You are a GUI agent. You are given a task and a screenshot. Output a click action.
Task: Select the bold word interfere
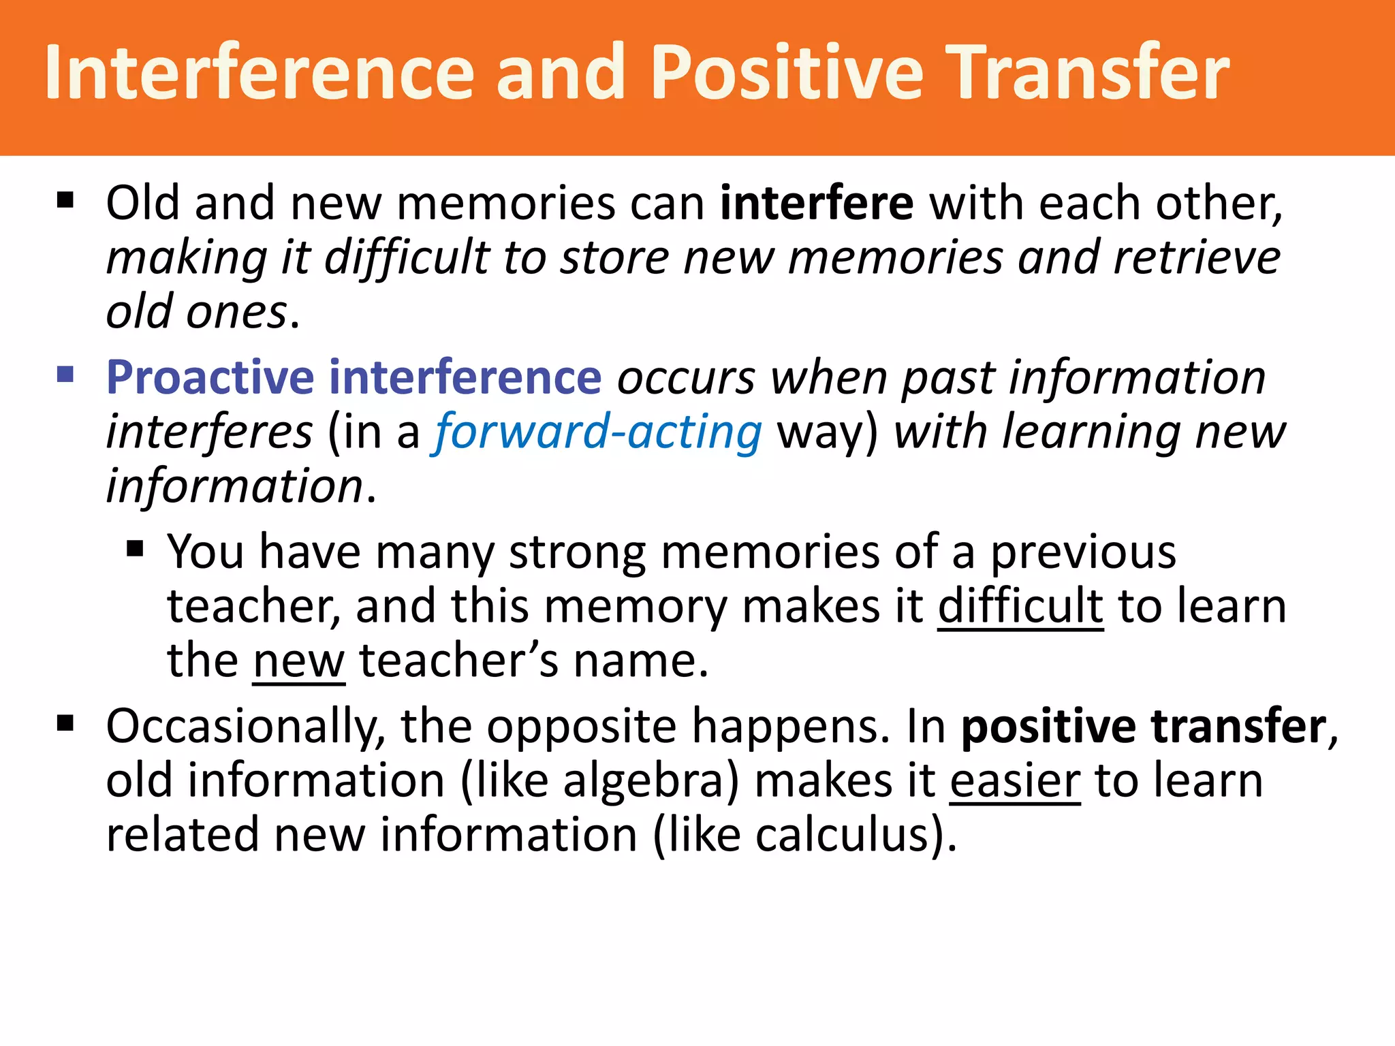point(816,203)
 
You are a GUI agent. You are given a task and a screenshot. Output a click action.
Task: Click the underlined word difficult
point(1020,606)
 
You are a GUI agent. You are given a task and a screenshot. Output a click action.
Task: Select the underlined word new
point(298,661)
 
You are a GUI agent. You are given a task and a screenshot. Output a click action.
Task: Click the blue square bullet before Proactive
point(65,375)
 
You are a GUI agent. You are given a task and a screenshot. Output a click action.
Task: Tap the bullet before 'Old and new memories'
point(65,200)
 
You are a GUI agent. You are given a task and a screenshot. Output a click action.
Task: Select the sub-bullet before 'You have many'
point(135,549)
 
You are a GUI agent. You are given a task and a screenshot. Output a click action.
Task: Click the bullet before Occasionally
point(65,723)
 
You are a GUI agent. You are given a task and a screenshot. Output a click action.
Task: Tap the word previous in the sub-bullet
point(1082,552)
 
